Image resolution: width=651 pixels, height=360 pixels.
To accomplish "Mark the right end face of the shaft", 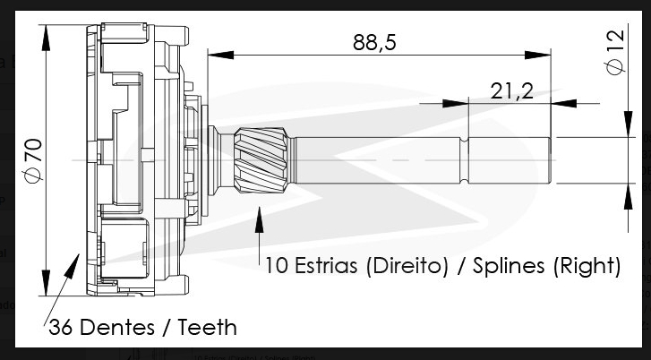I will tap(550, 159).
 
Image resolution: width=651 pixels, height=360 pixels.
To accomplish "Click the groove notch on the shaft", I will tap(467, 159).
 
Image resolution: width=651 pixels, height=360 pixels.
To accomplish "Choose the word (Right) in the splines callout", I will tap(587, 266).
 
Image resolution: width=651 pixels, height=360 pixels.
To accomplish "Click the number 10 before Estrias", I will tap(276, 266).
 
